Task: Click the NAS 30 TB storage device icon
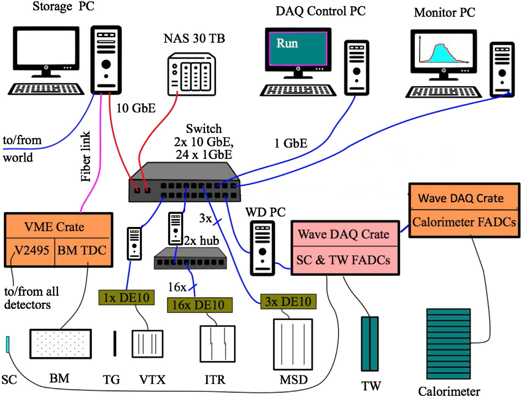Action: (x=192, y=74)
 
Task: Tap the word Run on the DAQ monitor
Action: (x=287, y=43)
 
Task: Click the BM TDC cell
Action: (x=82, y=251)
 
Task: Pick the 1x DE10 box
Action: (x=127, y=297)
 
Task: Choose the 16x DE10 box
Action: (x=200, y=305)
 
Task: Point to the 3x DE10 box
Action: (x=288, y=302)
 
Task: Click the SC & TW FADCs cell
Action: (x=343, y=260)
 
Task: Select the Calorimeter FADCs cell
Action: (x=464, y=222)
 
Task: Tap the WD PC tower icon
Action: (x=262, y=248)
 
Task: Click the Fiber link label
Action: (x=86, y=156)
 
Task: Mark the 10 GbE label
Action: (x=136, y=108)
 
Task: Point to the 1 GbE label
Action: (x=291, y=143)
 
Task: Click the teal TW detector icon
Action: (x=369, y=344)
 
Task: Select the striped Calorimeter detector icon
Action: (x=449, y=344)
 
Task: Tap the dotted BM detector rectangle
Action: (x=61, y=344)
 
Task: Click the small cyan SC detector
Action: (x=7, y=344)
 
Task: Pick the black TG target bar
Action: (x=115, y=344)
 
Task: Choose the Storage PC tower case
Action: (x=106, y=59)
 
